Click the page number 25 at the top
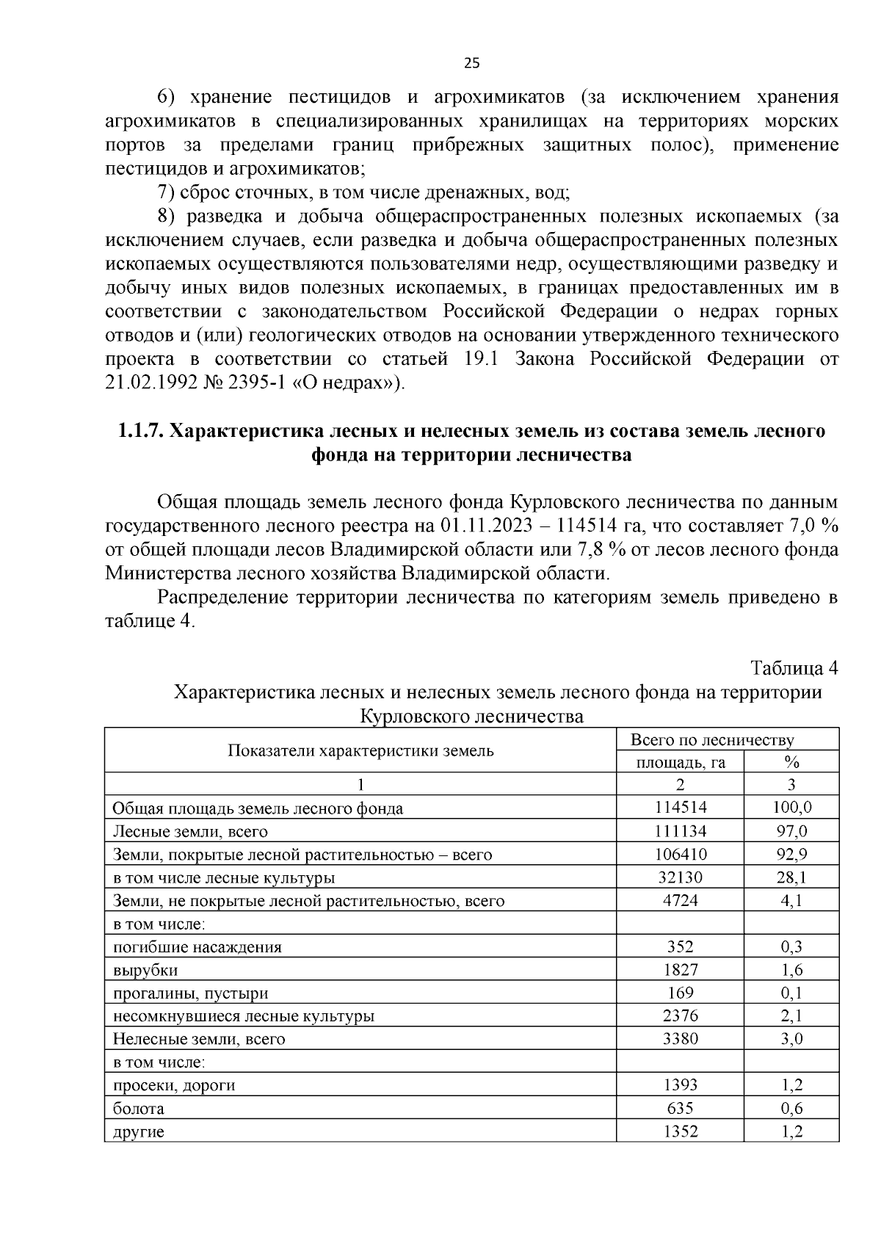tap(471, 63)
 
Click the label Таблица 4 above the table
tap(794, 668)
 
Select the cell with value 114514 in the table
tap(680, 808)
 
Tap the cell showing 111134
tap(680, 831)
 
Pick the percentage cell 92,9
tap(791, 854)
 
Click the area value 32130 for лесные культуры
tap(680, 877)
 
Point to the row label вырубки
tap(145, 970)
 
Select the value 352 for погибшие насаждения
tap(680, 946)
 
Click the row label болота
tap(138, 1109)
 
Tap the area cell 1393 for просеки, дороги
tap(680, 1084)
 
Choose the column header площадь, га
tap(680, 762)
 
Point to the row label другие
tap(138, 1131)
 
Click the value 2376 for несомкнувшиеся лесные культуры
tap(680, 1015)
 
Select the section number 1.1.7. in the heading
tap(141, 431)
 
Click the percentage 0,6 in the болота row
tap(791, 1109)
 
